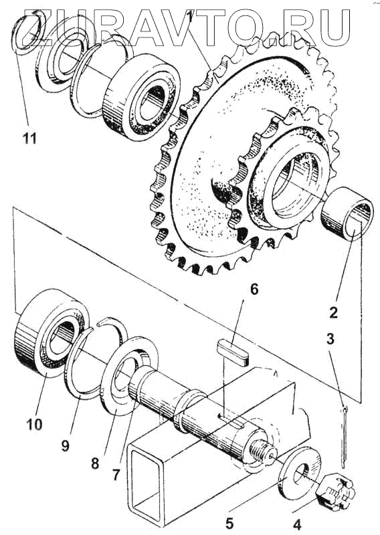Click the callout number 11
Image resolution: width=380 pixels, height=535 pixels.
tap(29, 138)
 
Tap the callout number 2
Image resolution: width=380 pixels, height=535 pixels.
tap(333, 312)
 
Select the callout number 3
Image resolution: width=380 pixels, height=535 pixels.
tap(330, 340)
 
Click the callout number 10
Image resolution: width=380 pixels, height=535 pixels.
tap(34, 425)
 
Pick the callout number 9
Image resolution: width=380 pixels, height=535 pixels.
tap(65, 445)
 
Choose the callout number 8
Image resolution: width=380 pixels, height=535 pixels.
tap(95, 463)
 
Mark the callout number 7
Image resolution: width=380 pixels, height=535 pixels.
tap(116, 475)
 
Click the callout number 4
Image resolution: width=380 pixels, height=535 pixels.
tap(297, 525)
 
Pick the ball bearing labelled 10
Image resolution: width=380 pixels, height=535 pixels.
tap(52, 332)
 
